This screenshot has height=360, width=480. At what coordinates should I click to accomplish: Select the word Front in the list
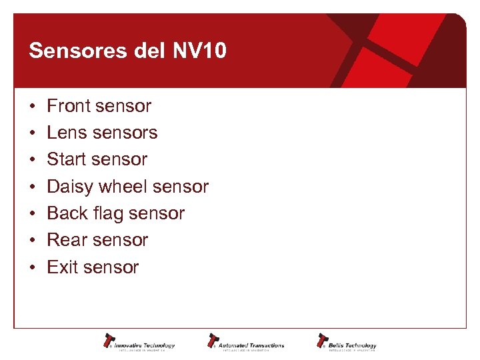point(69,106)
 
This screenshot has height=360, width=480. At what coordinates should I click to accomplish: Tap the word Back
point(67,213)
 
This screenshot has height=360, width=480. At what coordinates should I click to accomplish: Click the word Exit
point(63,267)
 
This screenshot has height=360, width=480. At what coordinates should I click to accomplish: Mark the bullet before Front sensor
point(32,107)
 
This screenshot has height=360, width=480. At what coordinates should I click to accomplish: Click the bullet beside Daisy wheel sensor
point(32,187)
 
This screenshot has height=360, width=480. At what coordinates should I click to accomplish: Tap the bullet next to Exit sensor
point(32,268)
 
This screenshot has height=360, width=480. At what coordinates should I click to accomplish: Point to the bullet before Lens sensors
point(32,133)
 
